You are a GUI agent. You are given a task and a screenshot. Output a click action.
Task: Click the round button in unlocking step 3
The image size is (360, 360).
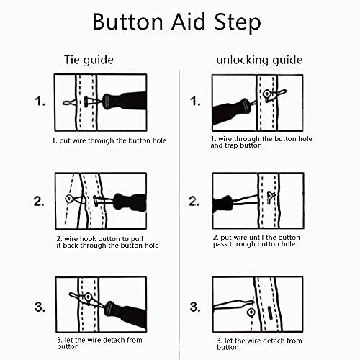pos(249,312)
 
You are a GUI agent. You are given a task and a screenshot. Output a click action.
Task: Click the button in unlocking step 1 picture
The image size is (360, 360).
pos(267,94)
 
